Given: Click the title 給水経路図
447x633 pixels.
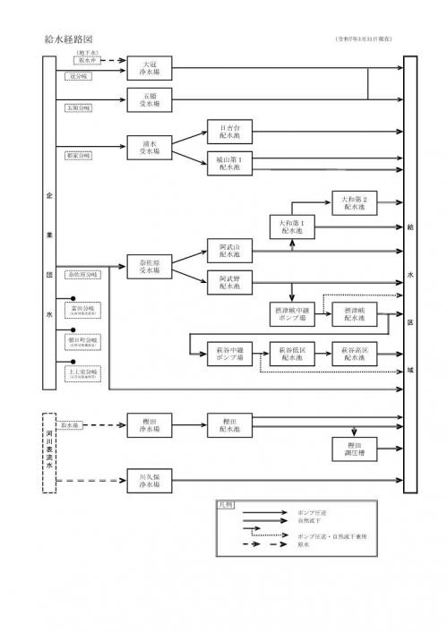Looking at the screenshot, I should pyautogui.click(x=68, y=40).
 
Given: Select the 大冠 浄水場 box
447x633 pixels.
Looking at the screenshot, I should pyautogui.click(x=150, y=69).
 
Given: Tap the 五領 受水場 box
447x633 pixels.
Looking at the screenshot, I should pyautogui.click(x=150, y=98).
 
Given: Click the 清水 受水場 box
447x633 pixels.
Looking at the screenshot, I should pyautogui.click(x=150, y=147).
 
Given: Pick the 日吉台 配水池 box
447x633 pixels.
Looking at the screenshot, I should pyautogui.click(x=229, y=131).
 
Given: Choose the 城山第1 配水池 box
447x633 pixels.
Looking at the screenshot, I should pyautogui.click(x=229, y=162).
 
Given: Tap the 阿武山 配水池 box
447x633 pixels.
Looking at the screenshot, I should pyautogui.click(x=229, y=250).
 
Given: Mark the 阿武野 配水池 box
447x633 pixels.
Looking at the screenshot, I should pyautogui.click(x=229, y=282).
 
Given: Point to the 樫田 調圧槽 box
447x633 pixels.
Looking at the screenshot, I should pyautogui.click(x=355, y=447).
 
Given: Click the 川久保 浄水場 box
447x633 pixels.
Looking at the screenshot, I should pyautogui.click(x=150, y=481).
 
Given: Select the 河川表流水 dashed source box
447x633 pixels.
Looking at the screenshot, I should pyautogui.click(x=50, y=454).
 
